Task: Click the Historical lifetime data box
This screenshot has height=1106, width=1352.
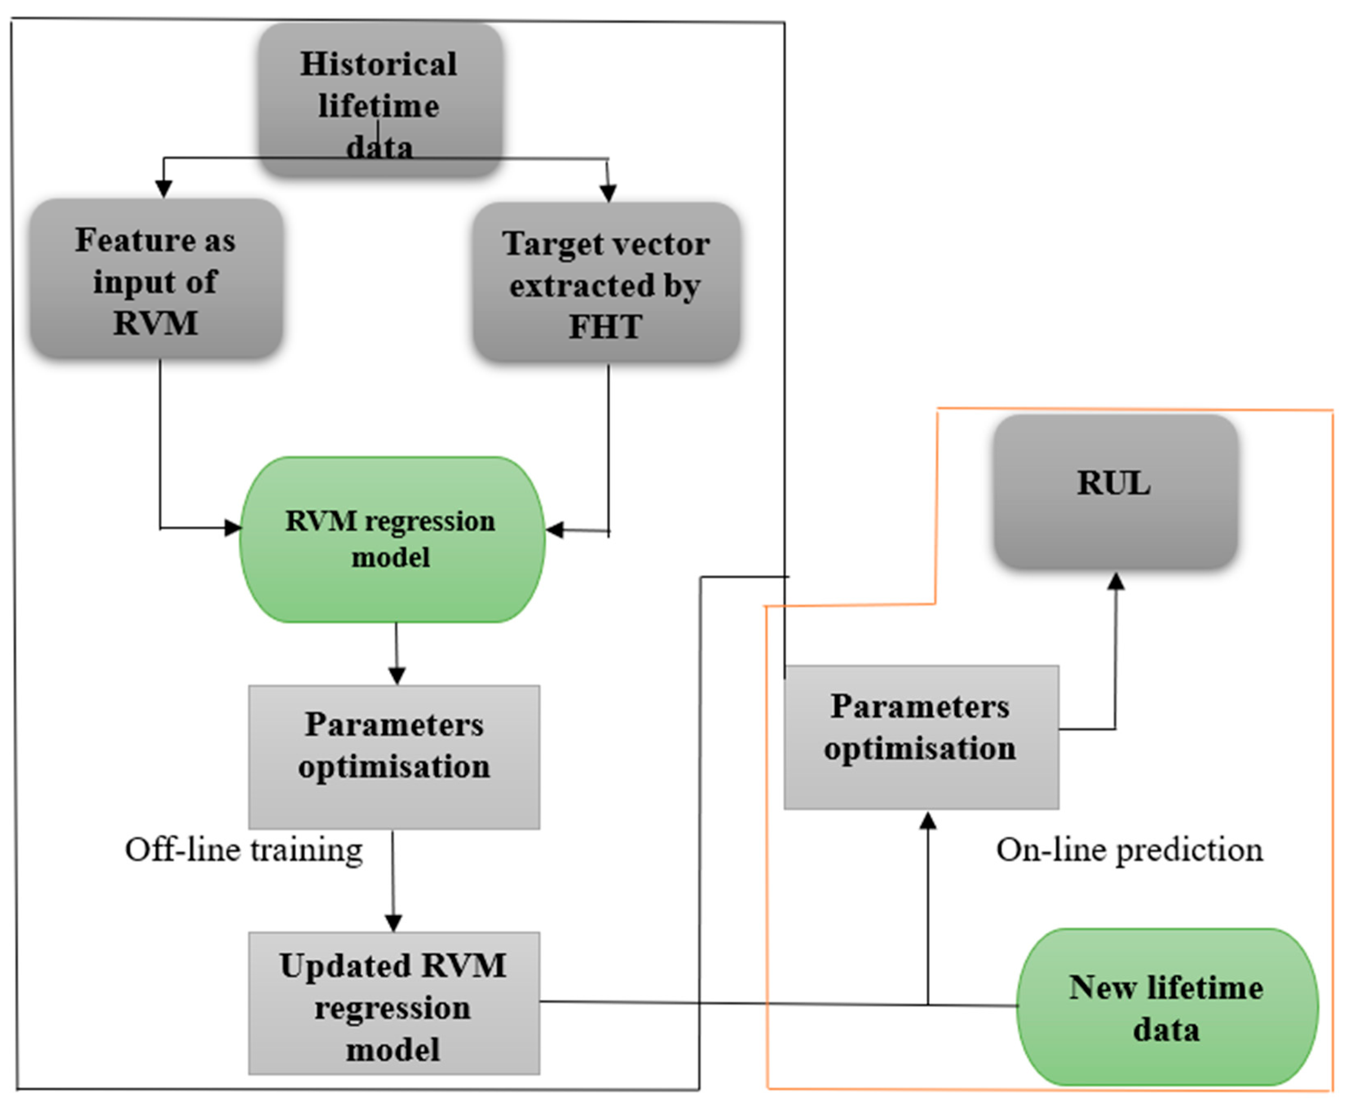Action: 380,101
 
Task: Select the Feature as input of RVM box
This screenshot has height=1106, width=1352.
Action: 156,279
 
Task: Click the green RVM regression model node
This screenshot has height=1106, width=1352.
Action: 391,539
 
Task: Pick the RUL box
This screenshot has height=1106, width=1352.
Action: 1115,490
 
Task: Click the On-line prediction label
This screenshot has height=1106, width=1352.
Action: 1129,850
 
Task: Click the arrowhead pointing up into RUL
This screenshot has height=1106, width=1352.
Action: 1116,581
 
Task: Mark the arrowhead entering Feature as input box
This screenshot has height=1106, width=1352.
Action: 164,189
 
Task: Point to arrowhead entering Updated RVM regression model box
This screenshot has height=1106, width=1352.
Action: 393,923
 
